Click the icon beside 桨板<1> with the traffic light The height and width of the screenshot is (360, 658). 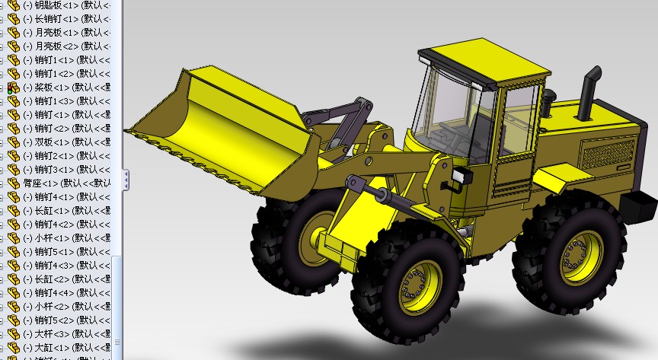tap(13, 88)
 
